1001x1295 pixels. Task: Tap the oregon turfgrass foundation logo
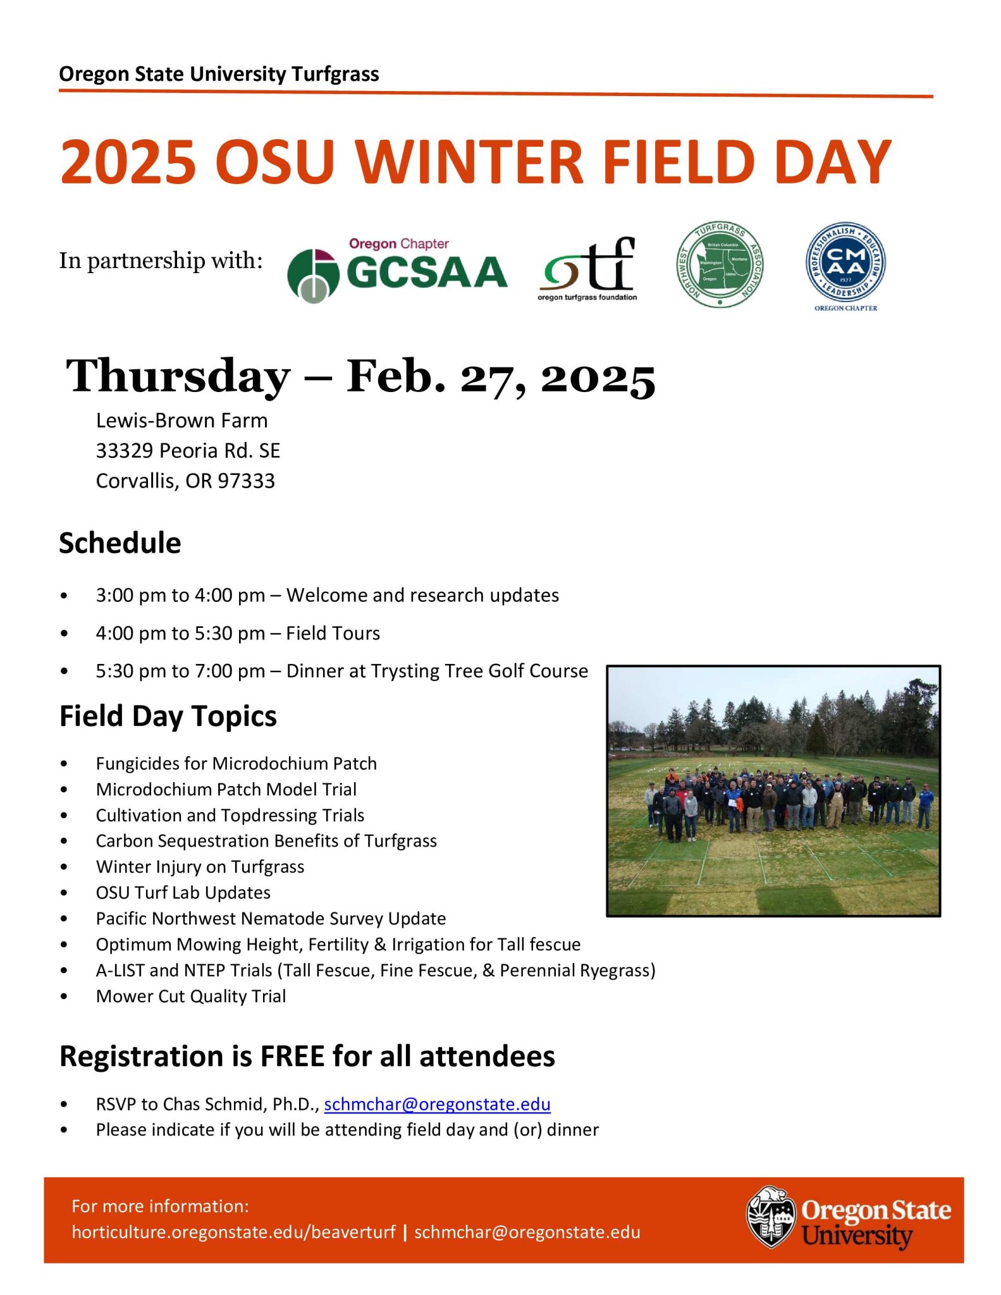588,269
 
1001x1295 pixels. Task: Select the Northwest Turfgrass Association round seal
720,264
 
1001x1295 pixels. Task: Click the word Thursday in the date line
178,376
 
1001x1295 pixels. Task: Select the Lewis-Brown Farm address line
181,420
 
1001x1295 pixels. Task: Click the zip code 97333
247,481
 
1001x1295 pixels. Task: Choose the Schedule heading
120,543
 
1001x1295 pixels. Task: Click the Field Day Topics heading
168,716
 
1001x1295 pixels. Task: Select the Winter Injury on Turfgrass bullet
200,867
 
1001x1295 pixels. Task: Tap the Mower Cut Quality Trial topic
191,997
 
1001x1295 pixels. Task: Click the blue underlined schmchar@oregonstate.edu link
437,1104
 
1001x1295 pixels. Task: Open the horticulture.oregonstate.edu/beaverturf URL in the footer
233,1232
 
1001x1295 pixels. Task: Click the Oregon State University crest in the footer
770,1217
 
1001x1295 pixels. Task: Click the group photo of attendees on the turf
773,790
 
